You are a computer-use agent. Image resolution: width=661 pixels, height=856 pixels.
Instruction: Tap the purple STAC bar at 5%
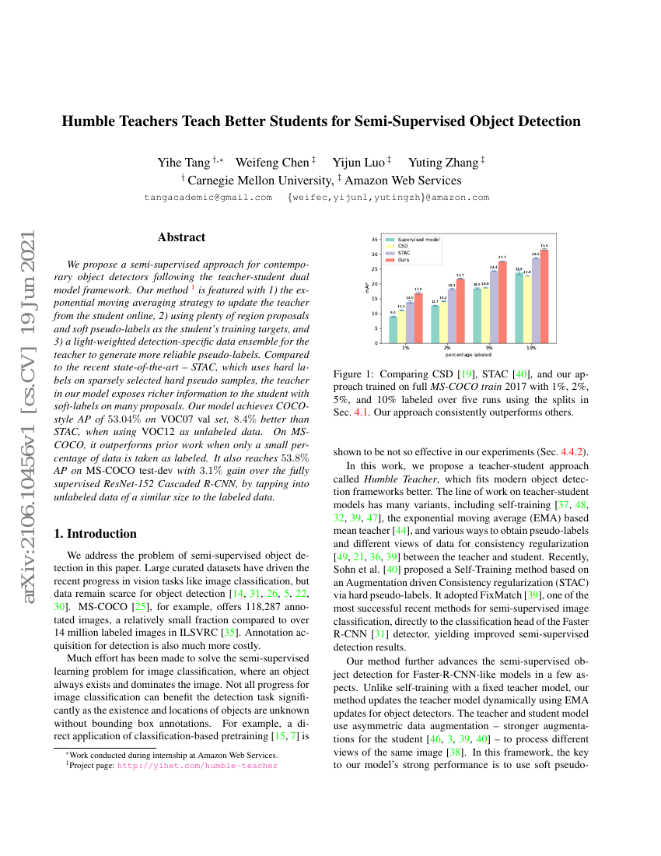click(494, 307)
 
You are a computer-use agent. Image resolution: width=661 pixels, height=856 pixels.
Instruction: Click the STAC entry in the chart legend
click(404, 252)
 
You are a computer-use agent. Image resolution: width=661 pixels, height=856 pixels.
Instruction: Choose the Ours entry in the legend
click(404, 259)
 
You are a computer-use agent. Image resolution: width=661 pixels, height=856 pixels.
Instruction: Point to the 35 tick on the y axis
click(375, 240)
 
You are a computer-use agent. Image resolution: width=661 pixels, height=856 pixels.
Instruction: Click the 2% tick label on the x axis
click(448, 348)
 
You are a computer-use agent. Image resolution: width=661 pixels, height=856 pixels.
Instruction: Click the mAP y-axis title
click(366, 289)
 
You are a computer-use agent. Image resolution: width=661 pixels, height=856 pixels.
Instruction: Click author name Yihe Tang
click(184, 163)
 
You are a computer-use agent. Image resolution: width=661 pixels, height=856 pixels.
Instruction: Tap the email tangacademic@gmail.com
click(208, 198)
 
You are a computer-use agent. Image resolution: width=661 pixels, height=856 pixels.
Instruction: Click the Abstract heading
click(181, 237)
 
